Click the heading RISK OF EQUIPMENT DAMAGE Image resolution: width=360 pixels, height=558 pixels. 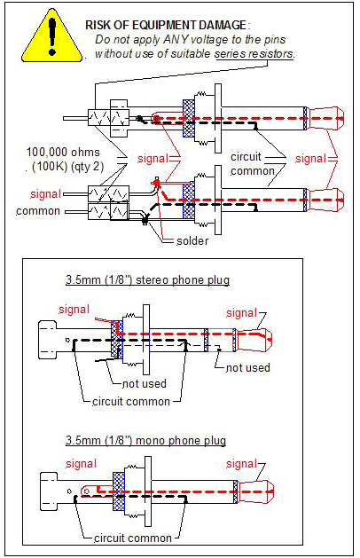(x=166, y=25)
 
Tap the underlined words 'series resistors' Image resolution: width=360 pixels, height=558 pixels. (x=254, y=54)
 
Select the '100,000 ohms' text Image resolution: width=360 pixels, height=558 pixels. (x=63, y=153)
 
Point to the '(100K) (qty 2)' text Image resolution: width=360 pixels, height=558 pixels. (x=68, y=167)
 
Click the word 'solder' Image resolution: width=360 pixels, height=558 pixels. (x=192, y=241)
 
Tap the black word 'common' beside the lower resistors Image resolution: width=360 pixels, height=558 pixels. (x=38, y=210)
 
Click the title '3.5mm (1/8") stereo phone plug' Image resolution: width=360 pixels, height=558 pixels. (x=147, y=279)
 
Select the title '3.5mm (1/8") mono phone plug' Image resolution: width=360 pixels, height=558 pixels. (x=145, y=440)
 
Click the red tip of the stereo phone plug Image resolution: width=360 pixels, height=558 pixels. (x=254, y=341)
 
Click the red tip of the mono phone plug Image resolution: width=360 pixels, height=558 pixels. (x=255, y=491)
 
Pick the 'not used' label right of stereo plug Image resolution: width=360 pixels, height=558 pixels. (x=248, y=367)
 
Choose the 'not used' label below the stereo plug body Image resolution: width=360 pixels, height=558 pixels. (x=144, y=383)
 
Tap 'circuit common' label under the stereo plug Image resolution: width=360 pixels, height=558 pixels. (x=131, y=401)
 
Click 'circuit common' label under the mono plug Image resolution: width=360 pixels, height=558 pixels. (x=133, y=538)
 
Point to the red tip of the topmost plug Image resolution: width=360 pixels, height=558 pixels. (x=326, y=118)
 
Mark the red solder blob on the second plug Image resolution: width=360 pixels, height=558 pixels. (x=156, y=183)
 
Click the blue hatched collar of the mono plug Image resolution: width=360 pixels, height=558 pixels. (x=119, y=491)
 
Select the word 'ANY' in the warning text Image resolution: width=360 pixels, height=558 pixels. (x=176, y=40)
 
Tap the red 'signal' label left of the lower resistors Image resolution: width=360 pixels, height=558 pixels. (x=45, y=194)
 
